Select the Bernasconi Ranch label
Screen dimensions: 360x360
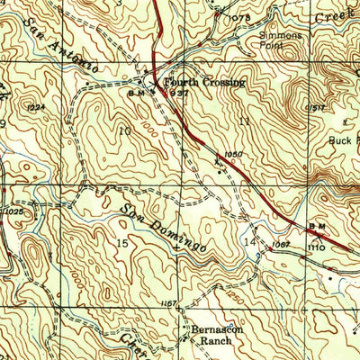(214, 334)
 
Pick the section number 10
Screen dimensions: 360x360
(124, 130)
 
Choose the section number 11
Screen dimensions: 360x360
(244, 120)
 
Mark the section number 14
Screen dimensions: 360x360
(249, 243)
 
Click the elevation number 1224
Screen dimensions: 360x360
(37, 107)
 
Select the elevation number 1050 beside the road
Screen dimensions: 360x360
(235, 155)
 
